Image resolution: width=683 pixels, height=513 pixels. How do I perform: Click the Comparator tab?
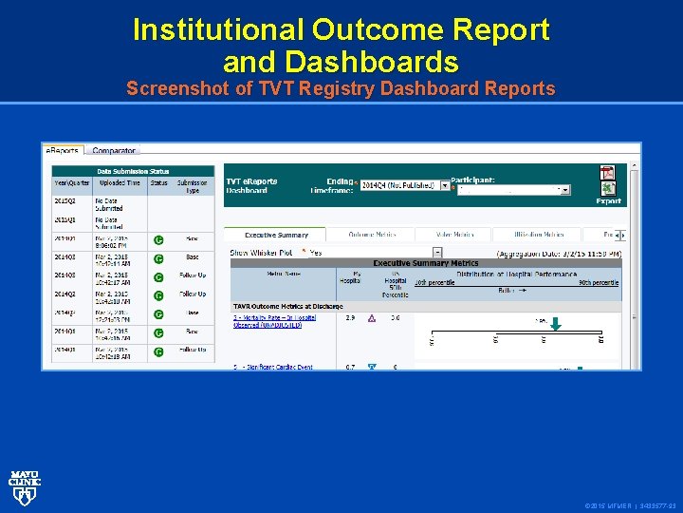(114, 150)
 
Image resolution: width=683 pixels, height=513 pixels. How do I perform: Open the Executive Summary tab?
(276, 234)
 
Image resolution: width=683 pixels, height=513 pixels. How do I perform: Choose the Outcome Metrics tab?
(372, 234)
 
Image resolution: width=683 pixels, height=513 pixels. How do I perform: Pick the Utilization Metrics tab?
(540, 234)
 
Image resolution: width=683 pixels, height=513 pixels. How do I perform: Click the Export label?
(608, 200)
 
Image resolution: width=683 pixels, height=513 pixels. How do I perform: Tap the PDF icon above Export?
(607, 173)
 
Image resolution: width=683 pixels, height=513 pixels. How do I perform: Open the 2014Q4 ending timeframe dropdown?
(445, 186)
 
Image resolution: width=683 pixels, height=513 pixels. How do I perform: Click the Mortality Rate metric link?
(274, 321)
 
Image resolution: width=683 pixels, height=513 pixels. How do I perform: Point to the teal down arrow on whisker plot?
(556, 324)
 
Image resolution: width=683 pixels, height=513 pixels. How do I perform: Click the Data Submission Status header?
(133, 171)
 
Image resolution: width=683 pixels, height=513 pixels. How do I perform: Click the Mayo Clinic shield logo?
(24, 485)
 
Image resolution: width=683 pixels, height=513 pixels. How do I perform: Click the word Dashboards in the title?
(341, 63)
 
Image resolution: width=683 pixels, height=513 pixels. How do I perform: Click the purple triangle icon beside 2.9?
(372, 319)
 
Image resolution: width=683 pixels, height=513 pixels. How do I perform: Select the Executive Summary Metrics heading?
(425, 263)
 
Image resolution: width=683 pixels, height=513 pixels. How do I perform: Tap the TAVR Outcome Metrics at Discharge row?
(288, 306)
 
